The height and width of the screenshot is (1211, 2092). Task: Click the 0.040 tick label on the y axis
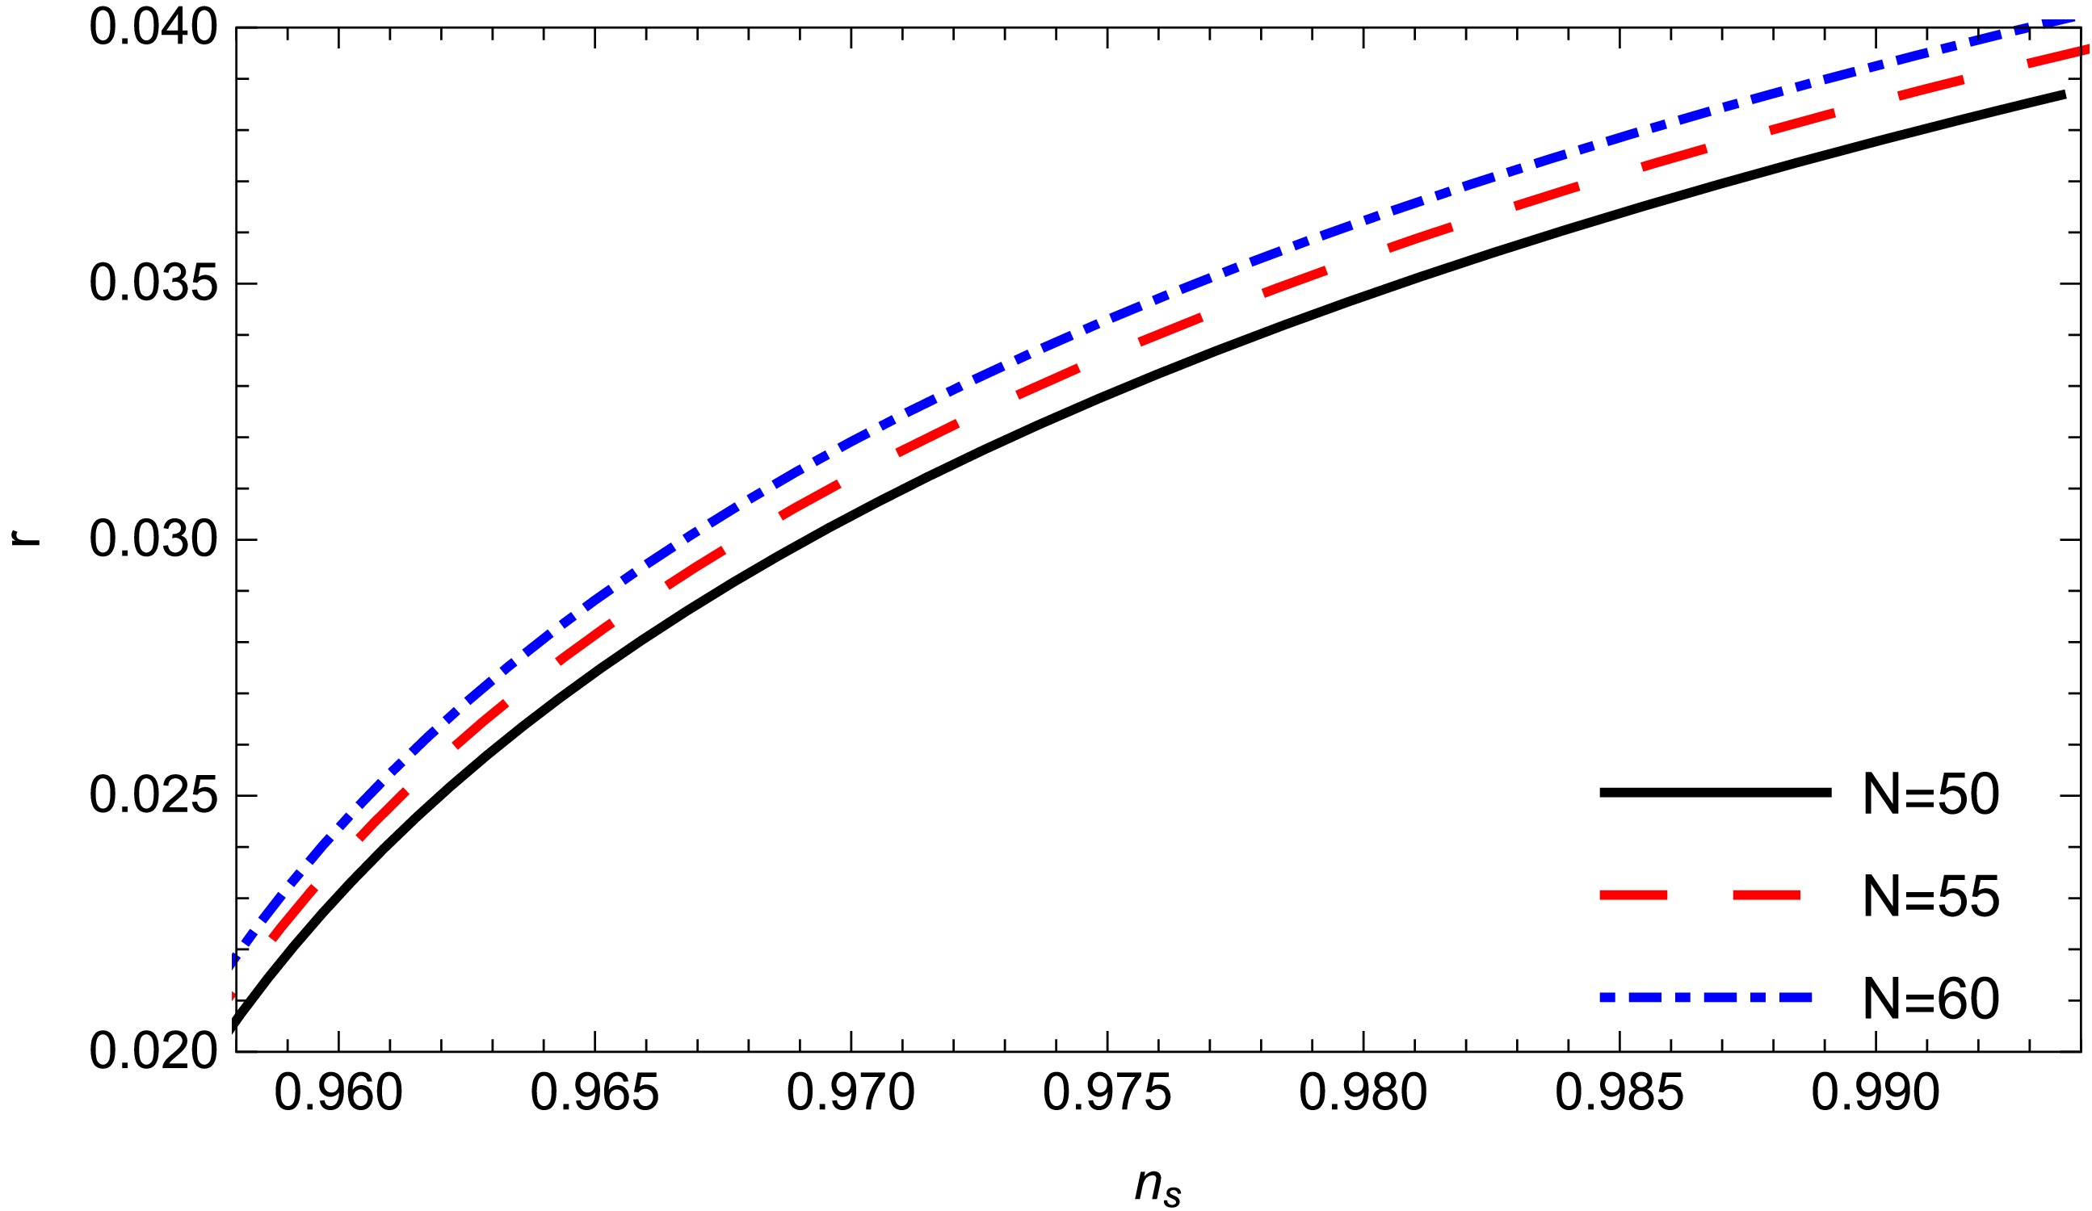(153, 28)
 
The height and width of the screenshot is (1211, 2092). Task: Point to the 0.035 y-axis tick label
(153, 285)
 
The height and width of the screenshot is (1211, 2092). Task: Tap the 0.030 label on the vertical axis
(153, 540)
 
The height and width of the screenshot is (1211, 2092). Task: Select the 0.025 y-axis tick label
(153, 796)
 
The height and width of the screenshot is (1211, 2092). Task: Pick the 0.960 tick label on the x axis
(338, 1093)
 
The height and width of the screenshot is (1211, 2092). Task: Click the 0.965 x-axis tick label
(594, 1093)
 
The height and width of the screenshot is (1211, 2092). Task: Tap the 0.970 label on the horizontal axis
(851, 1093)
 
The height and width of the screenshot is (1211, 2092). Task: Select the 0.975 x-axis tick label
(1107, 1093)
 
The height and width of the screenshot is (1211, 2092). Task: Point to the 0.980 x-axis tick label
(1363, 1093)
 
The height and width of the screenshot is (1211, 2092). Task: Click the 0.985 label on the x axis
(1619, 1093)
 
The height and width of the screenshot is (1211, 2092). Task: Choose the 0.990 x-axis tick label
(1876, 1093)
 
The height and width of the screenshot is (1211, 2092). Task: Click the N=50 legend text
(1931, 794)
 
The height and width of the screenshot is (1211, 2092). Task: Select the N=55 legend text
(1931, 896)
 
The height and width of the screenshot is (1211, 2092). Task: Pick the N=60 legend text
(1931, 999)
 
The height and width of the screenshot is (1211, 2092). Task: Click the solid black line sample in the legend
(1715, 794)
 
